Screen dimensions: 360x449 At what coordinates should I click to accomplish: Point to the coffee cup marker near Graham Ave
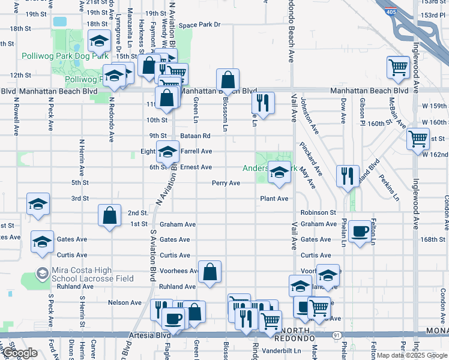360,231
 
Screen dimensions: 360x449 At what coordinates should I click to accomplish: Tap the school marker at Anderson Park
279,173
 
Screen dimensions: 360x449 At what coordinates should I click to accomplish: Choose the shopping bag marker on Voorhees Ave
210,272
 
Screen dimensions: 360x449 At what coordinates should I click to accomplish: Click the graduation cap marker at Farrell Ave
167,152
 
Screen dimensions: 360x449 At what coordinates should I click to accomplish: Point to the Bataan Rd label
197,136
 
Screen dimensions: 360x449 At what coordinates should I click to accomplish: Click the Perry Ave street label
226,183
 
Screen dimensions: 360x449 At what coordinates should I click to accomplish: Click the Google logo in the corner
20,353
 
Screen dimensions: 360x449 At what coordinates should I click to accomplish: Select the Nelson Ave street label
125,302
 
